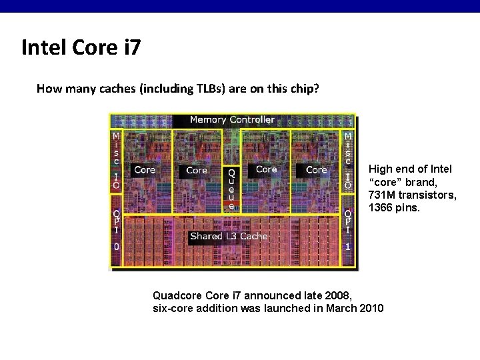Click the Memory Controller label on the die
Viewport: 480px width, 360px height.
[232, 120]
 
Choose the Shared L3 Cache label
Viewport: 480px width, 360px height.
[229, 236]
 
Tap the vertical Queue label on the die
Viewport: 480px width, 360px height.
[231, 189]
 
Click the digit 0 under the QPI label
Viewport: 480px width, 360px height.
[116, 246]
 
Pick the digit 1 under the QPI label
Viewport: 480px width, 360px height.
[347, 246]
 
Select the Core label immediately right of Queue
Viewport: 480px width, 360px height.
[266, 169]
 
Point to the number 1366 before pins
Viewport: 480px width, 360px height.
[381, 207]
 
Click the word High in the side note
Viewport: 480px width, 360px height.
[381, 169]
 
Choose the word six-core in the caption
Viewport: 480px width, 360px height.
[174, 308]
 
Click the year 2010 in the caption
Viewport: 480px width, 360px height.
[371, 308]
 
